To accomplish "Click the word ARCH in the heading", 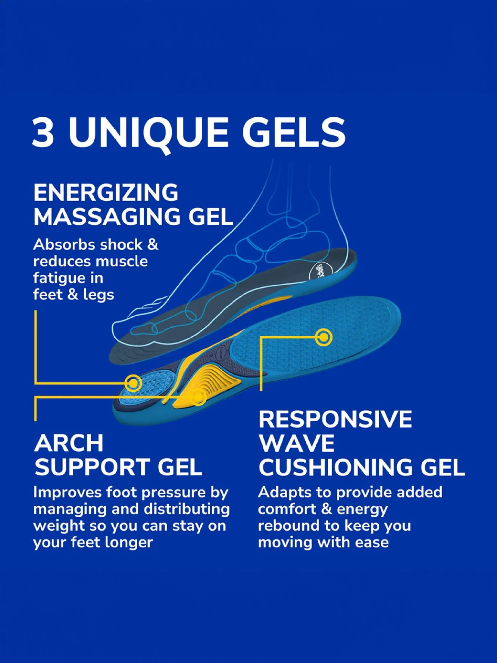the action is click(69, 443).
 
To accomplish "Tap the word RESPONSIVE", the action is click(335, 419).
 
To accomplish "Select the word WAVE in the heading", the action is click(297, 443).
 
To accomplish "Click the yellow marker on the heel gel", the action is click(133, 383).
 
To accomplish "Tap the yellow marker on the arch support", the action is click(198, 397).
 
